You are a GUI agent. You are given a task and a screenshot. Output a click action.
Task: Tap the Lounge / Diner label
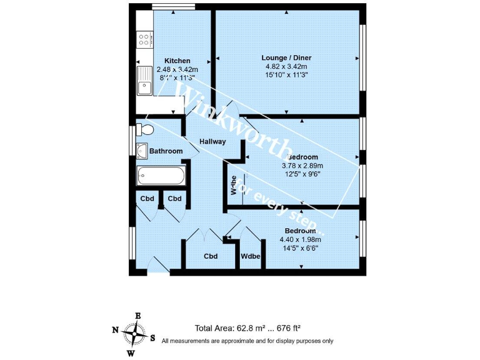(286, 57)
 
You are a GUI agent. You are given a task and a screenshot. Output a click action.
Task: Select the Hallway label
(212, 141)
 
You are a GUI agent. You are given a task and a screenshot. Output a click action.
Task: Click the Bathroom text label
(166, 151)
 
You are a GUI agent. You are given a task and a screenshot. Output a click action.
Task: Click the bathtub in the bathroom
(161, 175)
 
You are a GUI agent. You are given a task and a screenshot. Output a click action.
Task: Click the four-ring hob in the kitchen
(144, 41)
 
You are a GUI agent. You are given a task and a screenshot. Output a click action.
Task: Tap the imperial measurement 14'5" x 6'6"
(300, 247)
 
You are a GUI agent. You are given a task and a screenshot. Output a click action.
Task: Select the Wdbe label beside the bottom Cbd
(251, 257)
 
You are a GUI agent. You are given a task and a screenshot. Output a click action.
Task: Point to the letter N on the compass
(115, 330)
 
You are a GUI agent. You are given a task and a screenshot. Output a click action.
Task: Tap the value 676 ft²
(287, 328)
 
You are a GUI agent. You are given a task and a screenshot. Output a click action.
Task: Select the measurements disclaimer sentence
(247, 341)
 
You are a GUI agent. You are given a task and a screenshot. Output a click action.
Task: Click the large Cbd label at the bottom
(211, 257)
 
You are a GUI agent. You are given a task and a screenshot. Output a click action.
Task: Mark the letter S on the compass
(153, 337)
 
